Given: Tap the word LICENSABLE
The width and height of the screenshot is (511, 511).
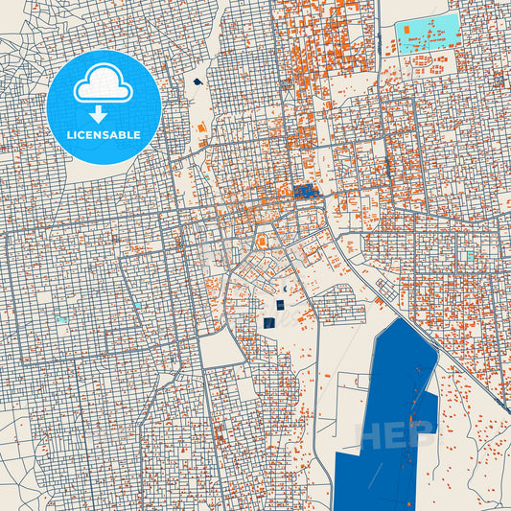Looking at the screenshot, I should (x=104, y=135).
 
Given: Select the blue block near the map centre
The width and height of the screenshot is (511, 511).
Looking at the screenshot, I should (x=305, y=192).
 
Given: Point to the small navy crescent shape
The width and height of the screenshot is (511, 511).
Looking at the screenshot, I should (x=283, y=290).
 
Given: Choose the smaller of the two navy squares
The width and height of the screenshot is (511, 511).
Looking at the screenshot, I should (x=280, y=305).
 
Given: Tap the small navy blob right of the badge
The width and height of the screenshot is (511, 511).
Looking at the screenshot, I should (x=197, y=82).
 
